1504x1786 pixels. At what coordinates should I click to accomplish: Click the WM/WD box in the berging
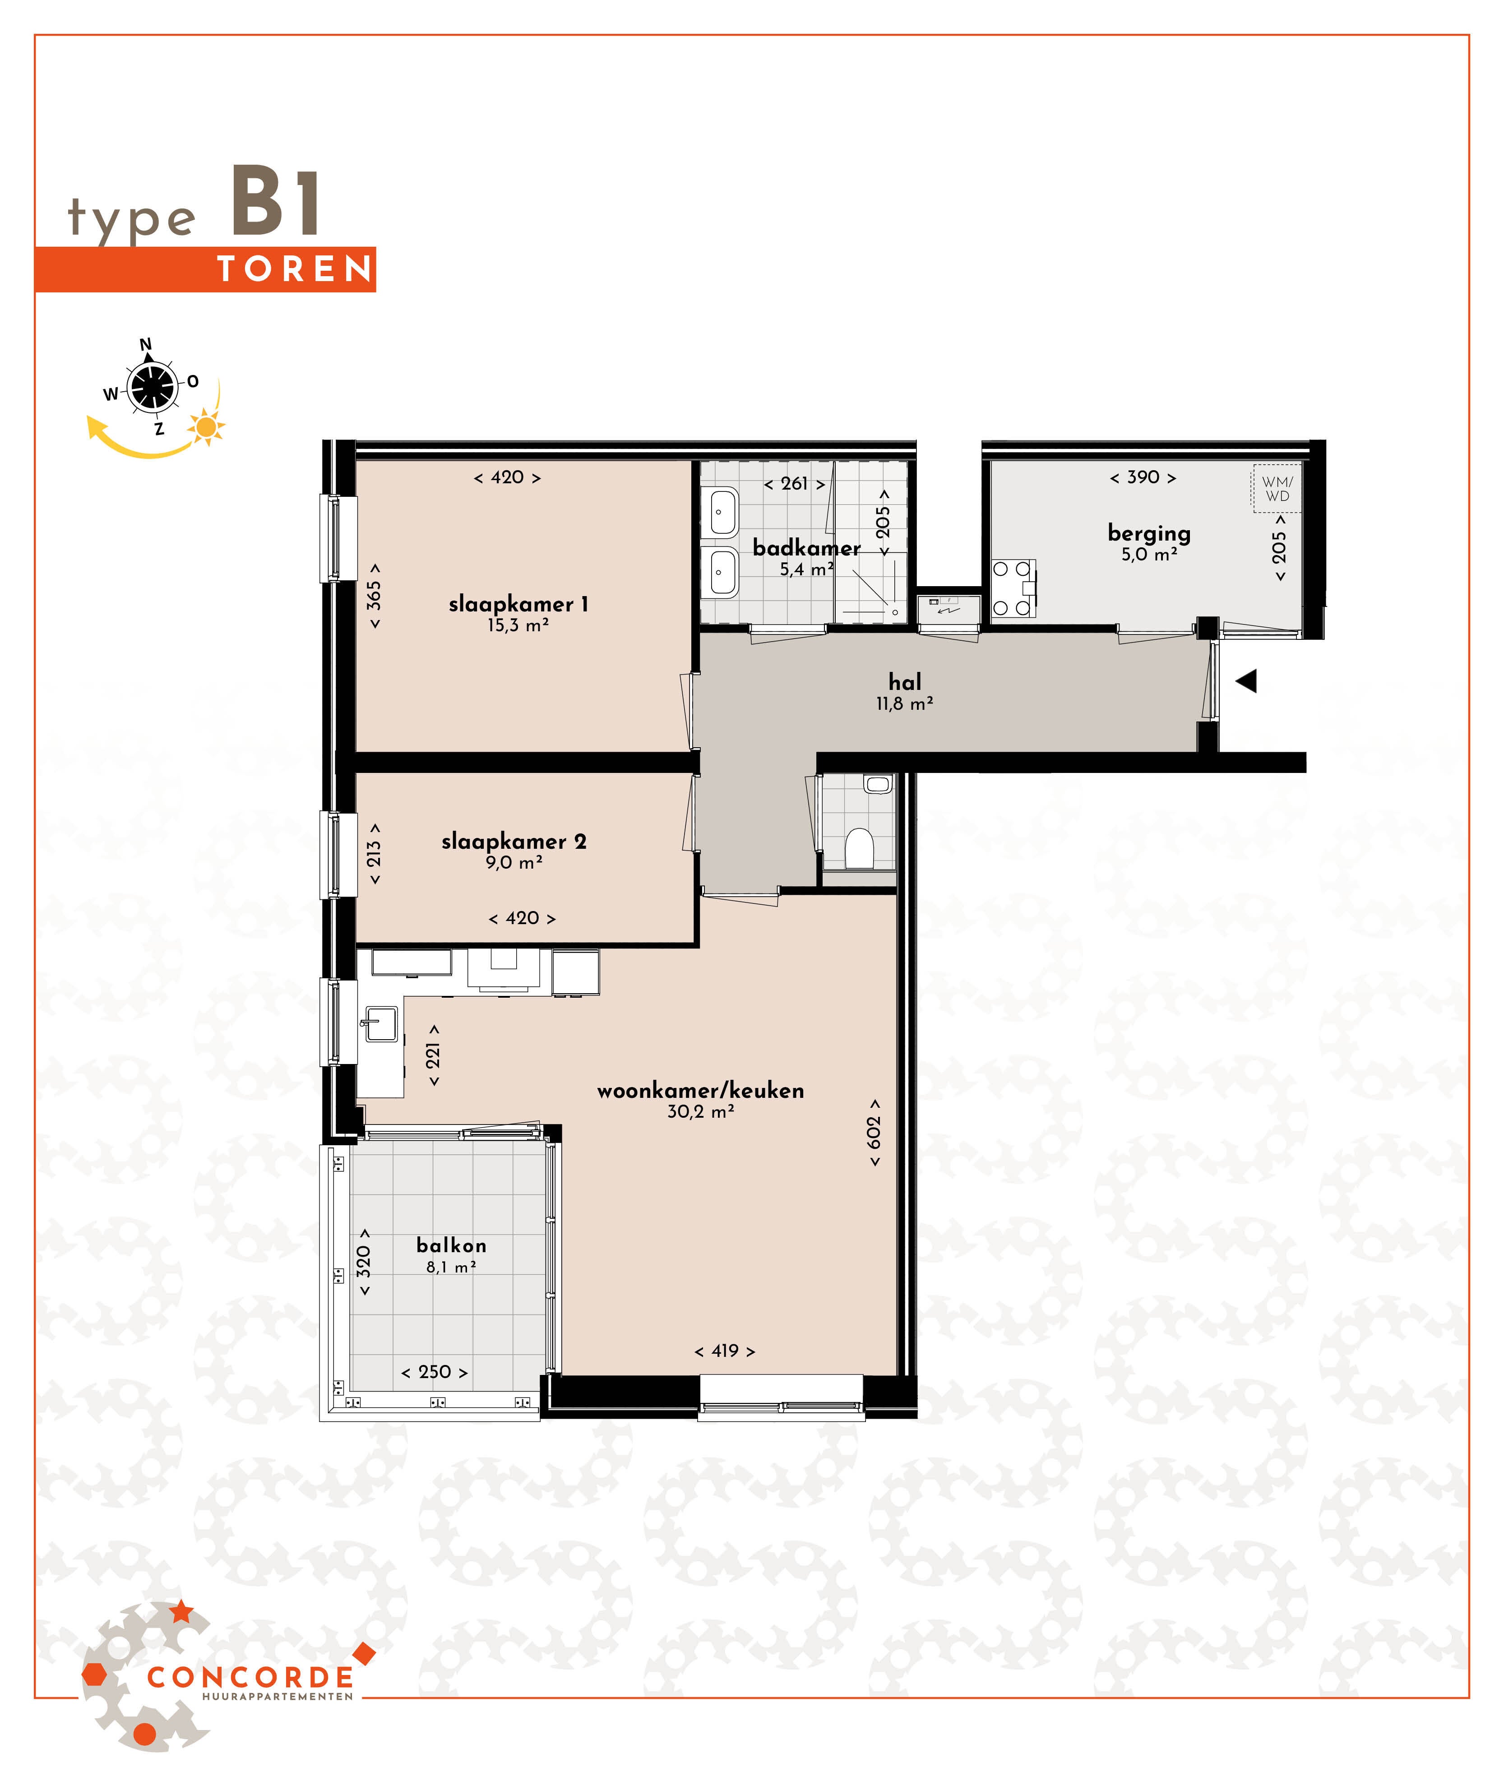[x=1277, y=489]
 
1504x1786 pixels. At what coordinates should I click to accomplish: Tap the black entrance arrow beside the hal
[x=1246, y=681]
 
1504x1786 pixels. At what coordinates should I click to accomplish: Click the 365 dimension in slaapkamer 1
[x=374, y=596]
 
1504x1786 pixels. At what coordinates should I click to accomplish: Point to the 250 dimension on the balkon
[x=435, y=1372]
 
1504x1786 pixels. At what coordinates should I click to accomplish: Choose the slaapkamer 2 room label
[x=514, y=842]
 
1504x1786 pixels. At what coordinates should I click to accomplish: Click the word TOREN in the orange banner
[x=295, y=269]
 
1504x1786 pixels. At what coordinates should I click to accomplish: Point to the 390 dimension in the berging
[x=1143, y=477]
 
